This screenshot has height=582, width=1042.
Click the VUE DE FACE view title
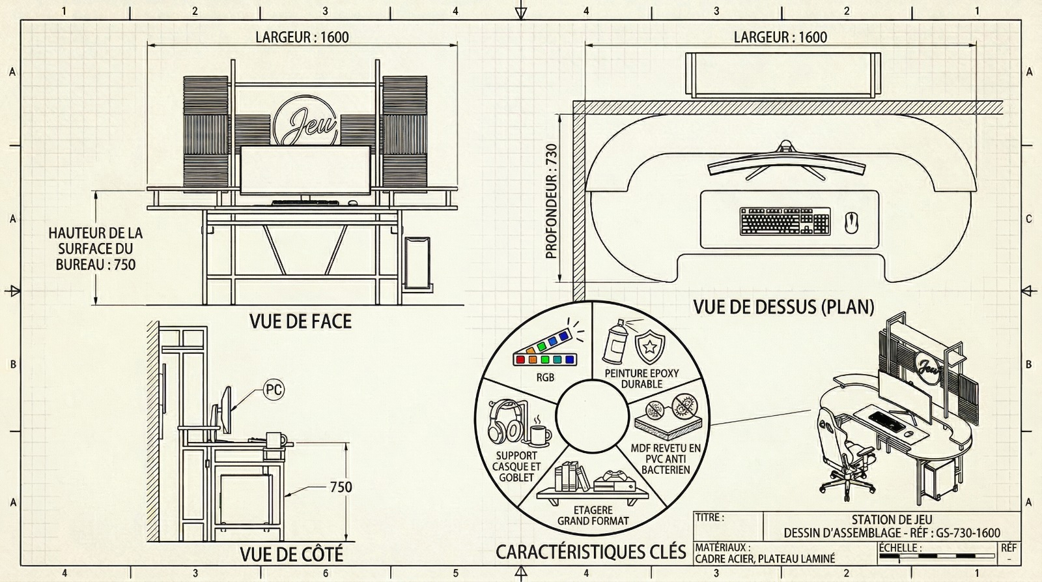300,321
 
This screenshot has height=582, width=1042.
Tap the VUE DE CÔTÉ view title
292,554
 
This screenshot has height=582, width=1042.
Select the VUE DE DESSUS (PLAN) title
784,307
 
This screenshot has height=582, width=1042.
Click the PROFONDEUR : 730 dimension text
551,201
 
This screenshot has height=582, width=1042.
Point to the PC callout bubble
274,389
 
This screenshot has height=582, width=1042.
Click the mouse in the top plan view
851,223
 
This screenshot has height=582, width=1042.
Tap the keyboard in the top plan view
785,221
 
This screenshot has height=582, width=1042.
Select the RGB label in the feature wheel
545,377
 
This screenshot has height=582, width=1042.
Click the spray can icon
615,342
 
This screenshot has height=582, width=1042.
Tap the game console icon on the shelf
614,482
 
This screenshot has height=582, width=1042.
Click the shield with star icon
650,346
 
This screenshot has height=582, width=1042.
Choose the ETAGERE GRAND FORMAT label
593,516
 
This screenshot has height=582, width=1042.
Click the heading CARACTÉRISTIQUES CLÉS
591,552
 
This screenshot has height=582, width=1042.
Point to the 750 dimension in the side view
341,487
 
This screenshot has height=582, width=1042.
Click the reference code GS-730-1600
968,532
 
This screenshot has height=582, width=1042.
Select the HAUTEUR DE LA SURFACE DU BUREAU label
95,248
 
